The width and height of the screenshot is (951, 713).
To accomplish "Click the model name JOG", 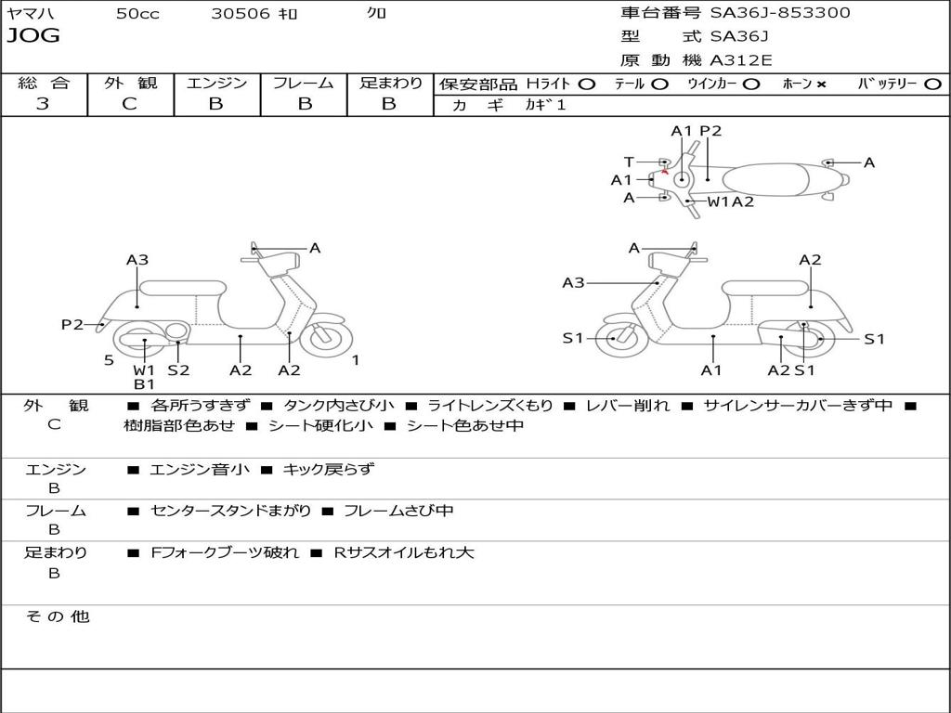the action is pos(33,36).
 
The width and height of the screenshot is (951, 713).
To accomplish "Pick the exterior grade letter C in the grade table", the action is pos(129,104).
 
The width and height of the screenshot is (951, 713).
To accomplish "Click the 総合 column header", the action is pos(44,84).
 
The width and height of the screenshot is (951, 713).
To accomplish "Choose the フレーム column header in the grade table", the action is pos(303,84).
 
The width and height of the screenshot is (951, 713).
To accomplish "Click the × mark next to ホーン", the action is pos(821,84).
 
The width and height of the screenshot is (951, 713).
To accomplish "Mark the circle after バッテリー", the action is pos(932,84).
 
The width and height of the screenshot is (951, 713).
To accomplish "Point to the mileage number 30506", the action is pos(241,14).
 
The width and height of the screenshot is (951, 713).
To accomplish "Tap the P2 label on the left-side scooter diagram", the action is pos(72,324).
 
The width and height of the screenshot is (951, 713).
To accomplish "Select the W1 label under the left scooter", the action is pos(144,370).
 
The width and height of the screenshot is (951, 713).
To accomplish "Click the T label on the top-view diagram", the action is pos(629,162).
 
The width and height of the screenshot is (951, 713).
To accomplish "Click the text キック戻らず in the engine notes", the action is pos(328,470).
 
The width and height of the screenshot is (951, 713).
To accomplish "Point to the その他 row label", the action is pos(58,616).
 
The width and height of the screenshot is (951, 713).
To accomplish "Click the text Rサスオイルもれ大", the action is pos(404,553).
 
